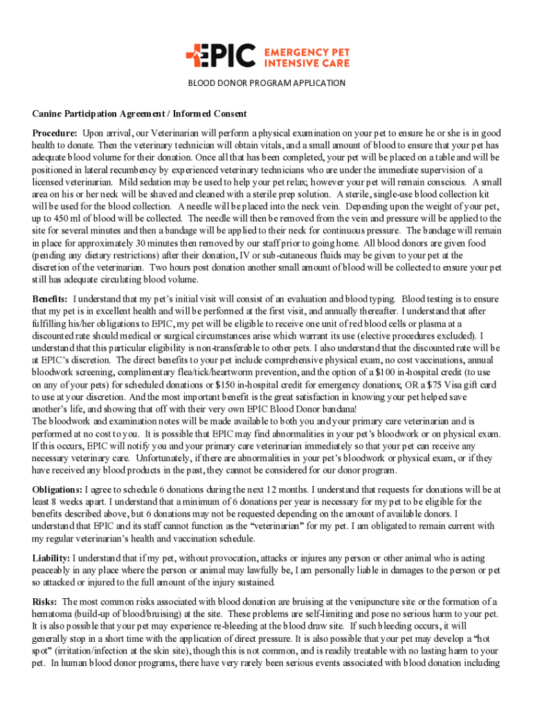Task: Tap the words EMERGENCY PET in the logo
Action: point(307,50)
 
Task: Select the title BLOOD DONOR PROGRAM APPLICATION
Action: point(266,83)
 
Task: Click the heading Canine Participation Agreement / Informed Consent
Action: point(139,114)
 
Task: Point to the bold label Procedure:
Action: point(55,133)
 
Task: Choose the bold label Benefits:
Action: point(51,299)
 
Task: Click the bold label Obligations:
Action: point(57,489)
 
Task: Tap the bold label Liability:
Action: point(51,557)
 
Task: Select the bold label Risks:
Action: point(46,602)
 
